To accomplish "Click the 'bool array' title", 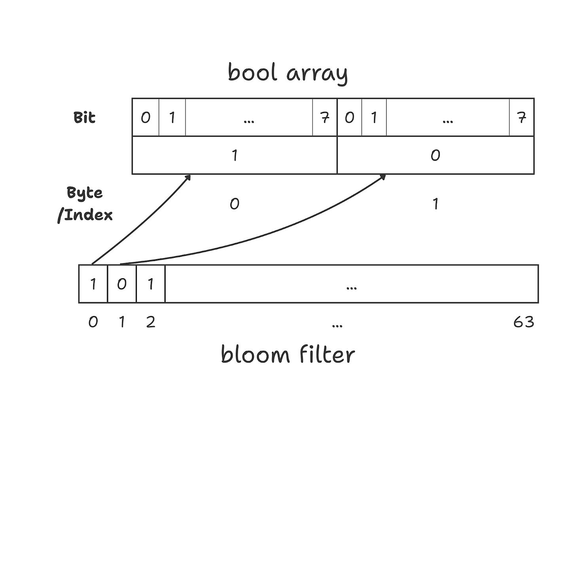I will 288,74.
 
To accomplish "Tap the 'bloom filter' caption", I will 288,354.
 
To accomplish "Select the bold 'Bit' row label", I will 84,117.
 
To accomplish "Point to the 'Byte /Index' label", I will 85,203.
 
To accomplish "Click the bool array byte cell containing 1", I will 235,155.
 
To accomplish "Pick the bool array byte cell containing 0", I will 435,155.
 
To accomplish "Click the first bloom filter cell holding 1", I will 93,284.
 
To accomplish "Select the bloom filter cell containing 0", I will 122,284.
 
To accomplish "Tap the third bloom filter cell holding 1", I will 150,284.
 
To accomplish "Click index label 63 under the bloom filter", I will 523,322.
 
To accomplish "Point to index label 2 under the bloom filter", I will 150,322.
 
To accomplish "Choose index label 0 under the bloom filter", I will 93,322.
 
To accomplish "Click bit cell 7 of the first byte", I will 324,117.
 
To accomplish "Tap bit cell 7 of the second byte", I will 521,117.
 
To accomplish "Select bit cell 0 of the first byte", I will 146,117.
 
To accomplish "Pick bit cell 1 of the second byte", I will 374,117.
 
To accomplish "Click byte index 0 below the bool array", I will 235,204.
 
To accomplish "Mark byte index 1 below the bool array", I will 435,204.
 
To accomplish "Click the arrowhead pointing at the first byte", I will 188,177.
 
